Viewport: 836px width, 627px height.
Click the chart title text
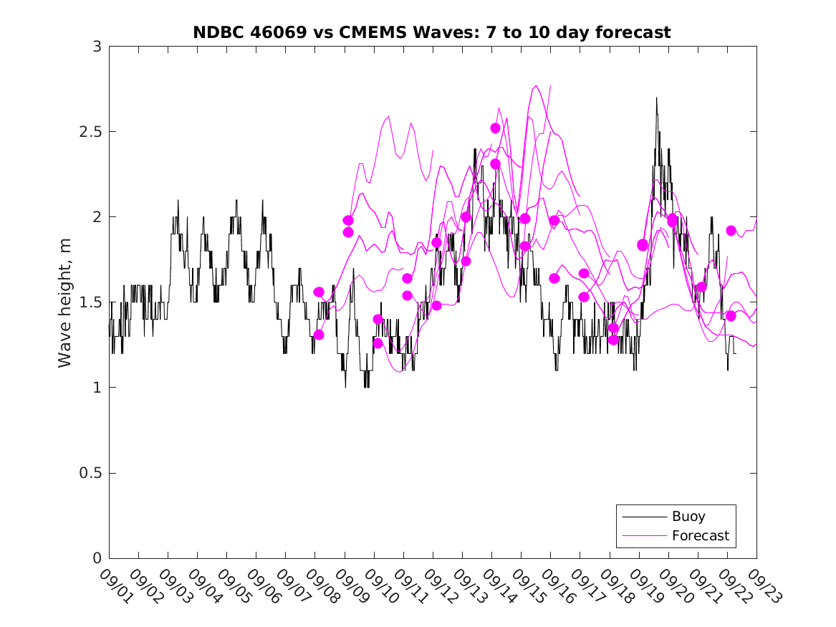point(432,32)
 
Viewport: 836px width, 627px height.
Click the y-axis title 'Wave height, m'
point(65,302)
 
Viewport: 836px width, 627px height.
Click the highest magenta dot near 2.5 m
point(495,128)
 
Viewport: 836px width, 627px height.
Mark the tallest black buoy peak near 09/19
point(656,98)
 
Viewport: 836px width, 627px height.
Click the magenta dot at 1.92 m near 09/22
point(731,231)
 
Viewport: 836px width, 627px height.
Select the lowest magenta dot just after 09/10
point(378,343)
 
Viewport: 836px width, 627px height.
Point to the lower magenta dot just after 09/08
point(319,335)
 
